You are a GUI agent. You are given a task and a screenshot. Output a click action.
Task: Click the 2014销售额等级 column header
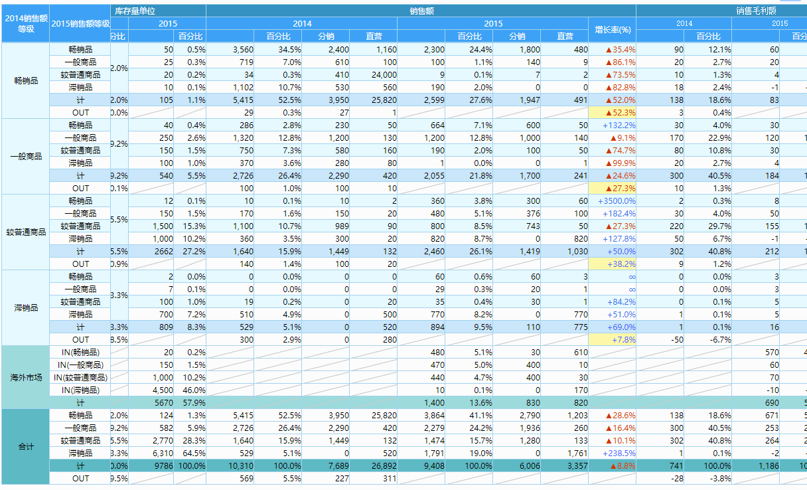coord(25,23)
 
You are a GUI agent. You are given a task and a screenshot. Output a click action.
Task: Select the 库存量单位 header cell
coord(135,11)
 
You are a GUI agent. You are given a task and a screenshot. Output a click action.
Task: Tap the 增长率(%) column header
coord(612,30)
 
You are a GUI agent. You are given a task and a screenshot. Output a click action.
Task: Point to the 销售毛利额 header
coord(755,11)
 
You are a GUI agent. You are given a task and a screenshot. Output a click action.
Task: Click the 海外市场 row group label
coord(25,377)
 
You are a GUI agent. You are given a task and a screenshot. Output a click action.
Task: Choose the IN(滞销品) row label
coord(80,390)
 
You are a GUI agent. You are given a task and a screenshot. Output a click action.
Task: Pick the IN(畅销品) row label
coord(80,352)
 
